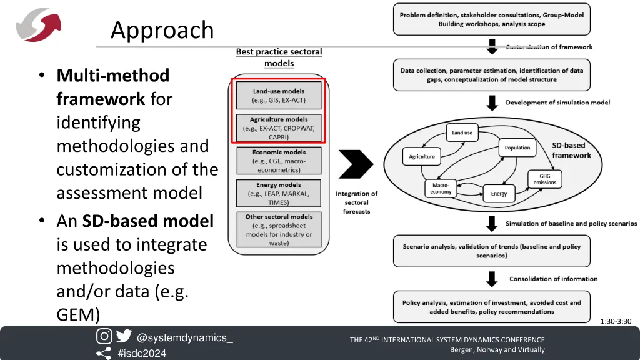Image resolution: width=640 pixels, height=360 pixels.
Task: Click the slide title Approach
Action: click(162, 30)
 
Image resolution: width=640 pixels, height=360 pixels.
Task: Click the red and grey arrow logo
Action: click(38, 24)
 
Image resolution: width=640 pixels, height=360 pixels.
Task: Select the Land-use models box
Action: click(279, 96)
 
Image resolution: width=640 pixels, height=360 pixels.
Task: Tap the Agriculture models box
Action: click(279, 128)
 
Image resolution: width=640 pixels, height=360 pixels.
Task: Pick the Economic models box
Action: click(279, 161)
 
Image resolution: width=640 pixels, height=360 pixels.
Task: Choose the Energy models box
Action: click(279, 194)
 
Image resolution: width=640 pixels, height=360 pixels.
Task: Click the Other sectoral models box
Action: click(279, 229)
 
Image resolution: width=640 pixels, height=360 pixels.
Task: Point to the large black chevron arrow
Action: click(356, 164)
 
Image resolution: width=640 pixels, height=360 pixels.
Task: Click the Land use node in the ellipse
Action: click(462, 132)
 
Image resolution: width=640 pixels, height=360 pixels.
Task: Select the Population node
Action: click(517, 147)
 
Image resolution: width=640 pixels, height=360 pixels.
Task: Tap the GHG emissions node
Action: click(544, 179)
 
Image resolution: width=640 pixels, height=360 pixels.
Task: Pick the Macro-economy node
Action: click(441, 189)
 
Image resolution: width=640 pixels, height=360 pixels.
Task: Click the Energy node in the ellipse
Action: click(499, 194)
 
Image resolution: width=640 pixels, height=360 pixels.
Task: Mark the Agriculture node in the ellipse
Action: click(422, 156)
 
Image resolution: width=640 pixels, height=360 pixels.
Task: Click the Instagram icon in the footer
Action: click(104, 336)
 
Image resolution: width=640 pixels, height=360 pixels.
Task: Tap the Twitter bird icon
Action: click(124, 336)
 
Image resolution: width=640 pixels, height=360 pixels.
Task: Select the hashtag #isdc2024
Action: click(142, 354)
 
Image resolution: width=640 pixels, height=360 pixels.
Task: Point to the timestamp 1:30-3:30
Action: click(616, 322)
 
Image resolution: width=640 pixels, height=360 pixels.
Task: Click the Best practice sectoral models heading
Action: click(279, 57)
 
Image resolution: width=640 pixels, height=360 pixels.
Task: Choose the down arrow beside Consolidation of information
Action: click(492, 279)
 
